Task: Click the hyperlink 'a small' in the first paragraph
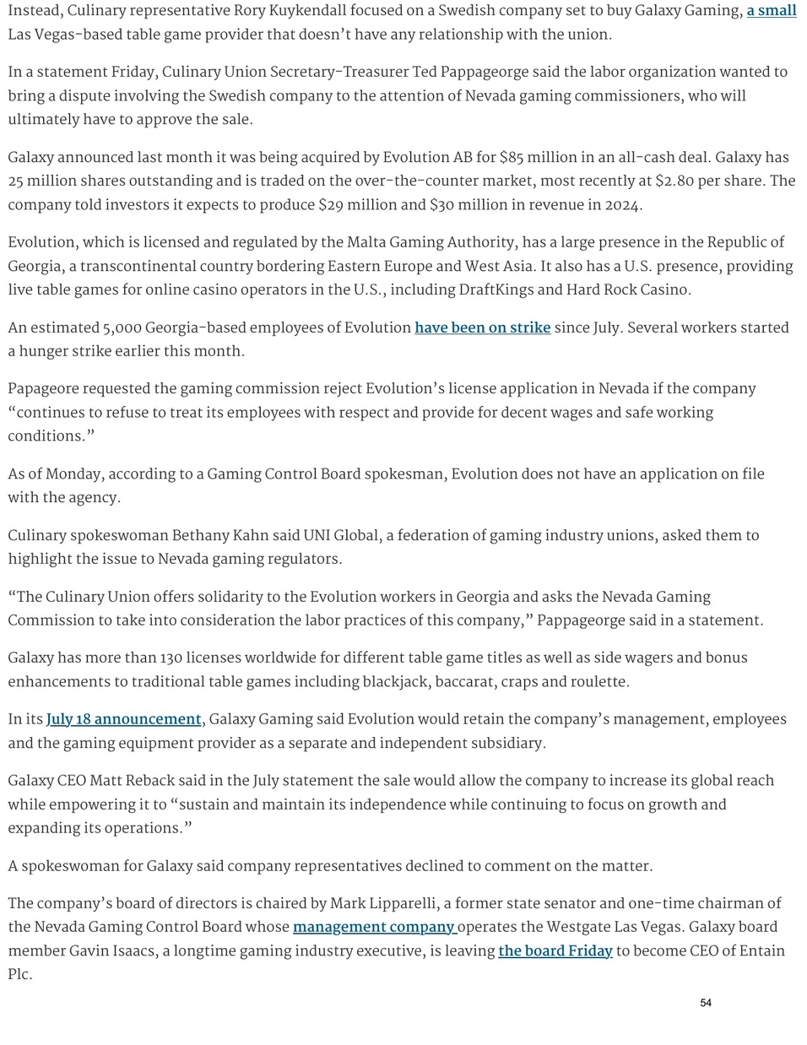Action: (x=771, y=11)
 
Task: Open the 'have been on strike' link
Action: (x=482, y=328)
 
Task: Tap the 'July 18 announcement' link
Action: (x=123, y=719)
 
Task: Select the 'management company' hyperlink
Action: (x=374, y=927)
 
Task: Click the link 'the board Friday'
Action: (x=555, y=950)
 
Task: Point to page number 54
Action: (x=706, y=1003)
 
